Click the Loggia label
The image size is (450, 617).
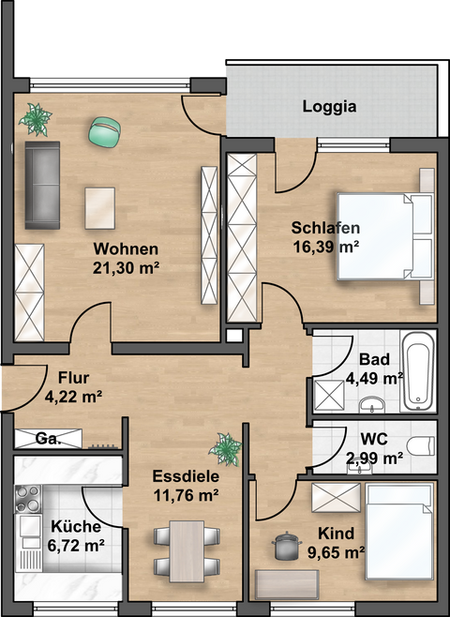[329, 106]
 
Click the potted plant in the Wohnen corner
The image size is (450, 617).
[37, 119]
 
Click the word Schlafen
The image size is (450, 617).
[325, 229]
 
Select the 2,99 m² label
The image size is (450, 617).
[374, 458]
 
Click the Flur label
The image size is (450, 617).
[73, 379]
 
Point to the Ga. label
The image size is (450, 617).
[48, 439]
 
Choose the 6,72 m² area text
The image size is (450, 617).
[78, 544]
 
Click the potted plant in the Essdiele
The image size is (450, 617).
[225, 448]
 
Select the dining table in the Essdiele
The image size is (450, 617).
[187, 549]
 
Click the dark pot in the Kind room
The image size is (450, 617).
[281, 544]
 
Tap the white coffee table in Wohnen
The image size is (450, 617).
[99, 205]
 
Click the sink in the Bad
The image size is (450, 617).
[373, 404]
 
